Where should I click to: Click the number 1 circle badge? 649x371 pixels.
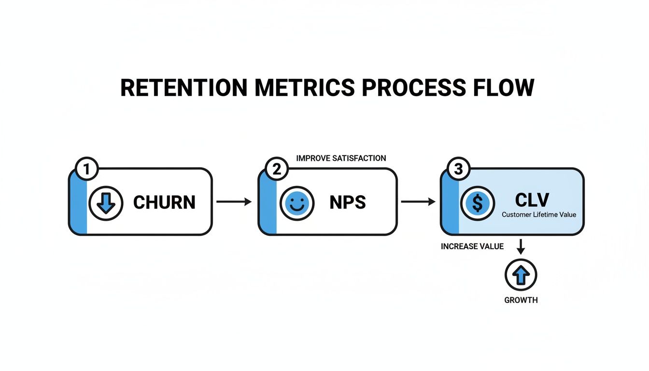coord(87,170)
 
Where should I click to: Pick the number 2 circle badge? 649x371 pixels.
coord(277,170)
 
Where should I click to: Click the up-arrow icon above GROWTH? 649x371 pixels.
coord(521,275)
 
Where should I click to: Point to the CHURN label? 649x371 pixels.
coord(164,202)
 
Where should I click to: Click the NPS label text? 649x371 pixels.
coord(348,202)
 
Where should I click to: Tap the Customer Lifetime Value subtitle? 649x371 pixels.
coord(539,214)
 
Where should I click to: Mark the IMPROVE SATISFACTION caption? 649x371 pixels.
coord(341,158)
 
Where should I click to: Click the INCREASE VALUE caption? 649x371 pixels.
coord(472,246)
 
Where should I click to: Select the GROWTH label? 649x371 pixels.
coord(521,300)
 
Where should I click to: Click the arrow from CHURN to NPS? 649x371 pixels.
coord(234,202)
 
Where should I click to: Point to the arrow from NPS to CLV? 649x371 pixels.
coord(418,202)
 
